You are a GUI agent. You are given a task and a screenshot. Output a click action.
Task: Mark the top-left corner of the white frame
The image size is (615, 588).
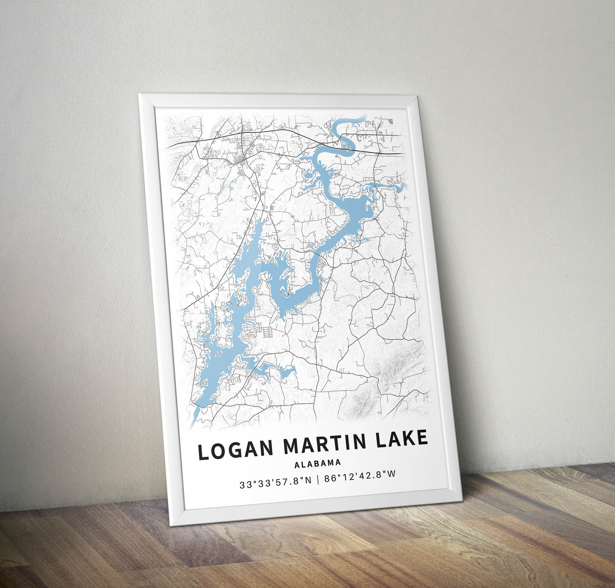click(x=139, y=94)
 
